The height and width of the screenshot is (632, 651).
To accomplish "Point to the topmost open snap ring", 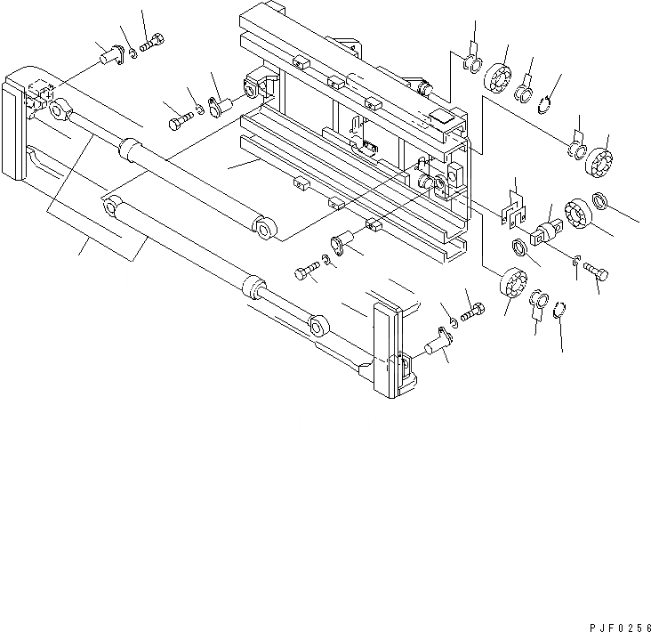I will point(549,109).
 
